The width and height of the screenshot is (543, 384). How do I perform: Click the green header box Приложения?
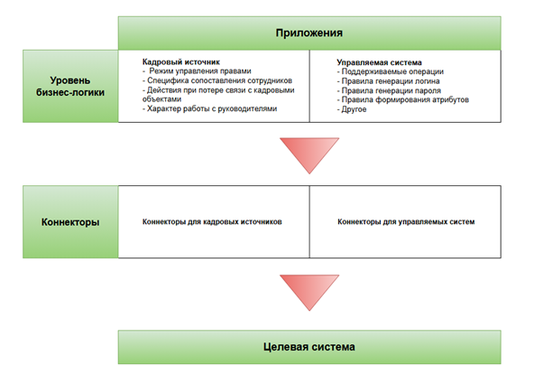(309, 33)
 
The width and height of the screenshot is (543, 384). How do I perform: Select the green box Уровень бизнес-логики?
(70, 87)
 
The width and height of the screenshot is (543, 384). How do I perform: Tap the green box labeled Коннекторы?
(70, 220)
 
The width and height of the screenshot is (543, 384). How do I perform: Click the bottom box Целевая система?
(309, 347)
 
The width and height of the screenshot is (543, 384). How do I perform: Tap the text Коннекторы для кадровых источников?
(213, 220)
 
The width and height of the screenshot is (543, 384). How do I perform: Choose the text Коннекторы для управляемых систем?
(405, 220)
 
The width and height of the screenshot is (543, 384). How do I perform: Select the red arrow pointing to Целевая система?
(309, 292)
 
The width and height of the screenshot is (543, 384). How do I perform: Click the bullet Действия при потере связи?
(216, 91)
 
